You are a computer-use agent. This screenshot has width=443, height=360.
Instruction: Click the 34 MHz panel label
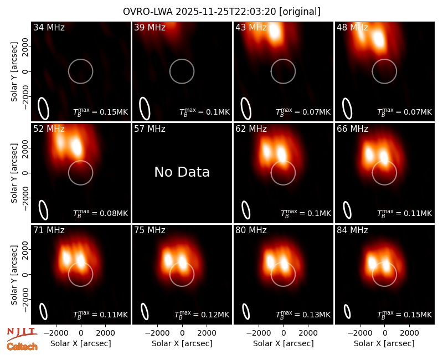click(x=49, y=27)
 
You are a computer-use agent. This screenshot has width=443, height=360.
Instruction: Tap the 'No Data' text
click(x=182, y=172)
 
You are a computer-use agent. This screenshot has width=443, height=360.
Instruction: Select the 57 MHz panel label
click(x=150, y=129)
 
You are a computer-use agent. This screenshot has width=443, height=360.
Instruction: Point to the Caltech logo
click(x=22, y=347)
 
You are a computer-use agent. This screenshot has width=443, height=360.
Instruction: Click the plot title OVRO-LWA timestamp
click(x=222, y=12)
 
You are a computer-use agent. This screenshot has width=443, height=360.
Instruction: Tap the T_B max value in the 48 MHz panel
click(x=405, y=112)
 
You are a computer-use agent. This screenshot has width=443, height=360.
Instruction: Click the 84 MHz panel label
click(x=352, y=230)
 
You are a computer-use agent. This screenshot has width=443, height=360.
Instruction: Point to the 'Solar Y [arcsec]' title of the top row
click(x=14, y=72)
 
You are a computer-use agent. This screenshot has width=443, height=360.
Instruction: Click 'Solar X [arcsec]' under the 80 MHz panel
click(x=284, y=343)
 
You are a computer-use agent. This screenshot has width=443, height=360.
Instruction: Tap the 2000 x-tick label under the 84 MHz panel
click(x=409, y=333)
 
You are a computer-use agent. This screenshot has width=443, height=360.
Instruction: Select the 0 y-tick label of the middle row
click(x=25, y=173)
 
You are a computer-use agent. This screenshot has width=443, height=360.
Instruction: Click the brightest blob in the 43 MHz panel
click(x=274, y=32)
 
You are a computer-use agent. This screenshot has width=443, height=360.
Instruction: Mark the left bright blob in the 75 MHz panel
click(x=168, y=259)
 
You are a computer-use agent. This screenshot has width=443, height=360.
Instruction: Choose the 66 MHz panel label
click(x=352, y=129)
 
